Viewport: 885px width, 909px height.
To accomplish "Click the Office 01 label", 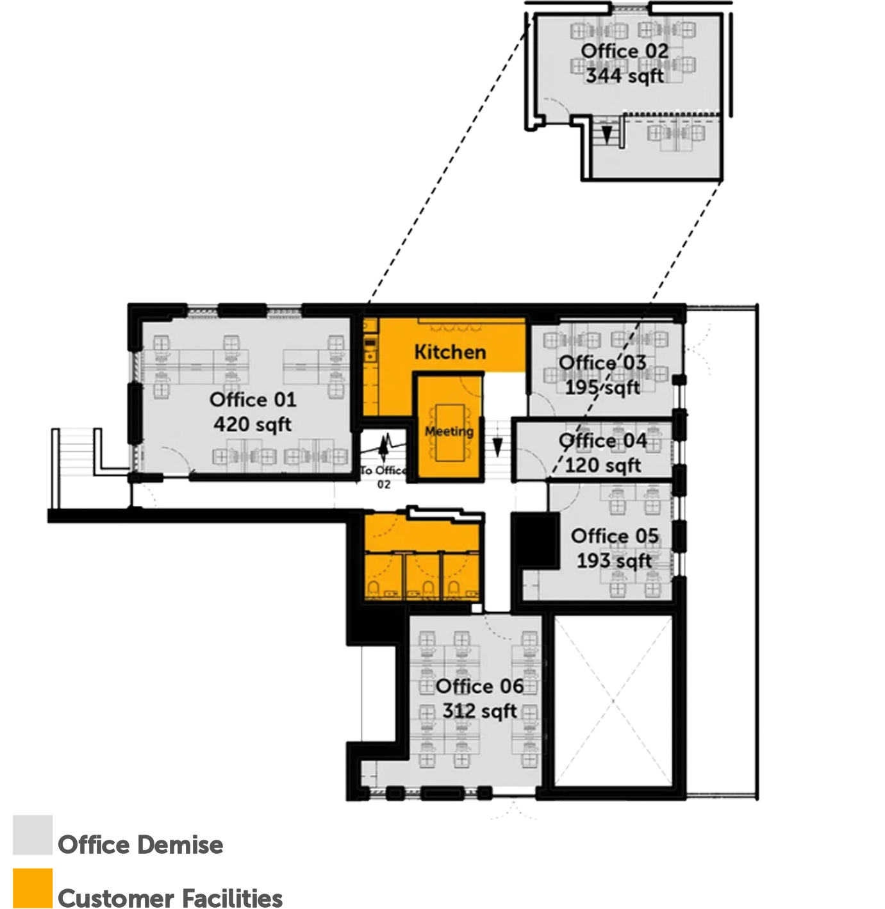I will pos(252,400).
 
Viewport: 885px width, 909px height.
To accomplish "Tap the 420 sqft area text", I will pos(252,424).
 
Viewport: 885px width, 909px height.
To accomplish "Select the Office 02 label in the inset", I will pos(624,51).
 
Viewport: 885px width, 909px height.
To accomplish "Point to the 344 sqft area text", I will pos(624,76).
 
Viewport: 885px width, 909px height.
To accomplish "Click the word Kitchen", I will pos(450,352).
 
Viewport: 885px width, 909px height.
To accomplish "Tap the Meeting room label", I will pos(449,431).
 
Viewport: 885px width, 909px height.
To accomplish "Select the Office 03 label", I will pos(602,363).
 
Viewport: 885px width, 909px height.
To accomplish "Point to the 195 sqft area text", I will pos(602,387).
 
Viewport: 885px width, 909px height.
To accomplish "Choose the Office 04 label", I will pos(602,441).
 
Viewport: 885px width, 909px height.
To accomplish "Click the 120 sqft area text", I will pos(602,465).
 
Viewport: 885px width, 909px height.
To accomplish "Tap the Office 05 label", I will pos(615,536).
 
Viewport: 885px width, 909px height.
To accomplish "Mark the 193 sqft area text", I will pos(615,560).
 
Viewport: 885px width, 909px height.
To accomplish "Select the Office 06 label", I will pos(479,687).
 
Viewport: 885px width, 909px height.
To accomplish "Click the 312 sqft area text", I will pos(479,711).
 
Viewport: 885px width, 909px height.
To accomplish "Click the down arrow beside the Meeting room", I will pos(497,448).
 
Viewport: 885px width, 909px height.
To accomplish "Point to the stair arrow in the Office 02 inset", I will pos(606,134).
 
